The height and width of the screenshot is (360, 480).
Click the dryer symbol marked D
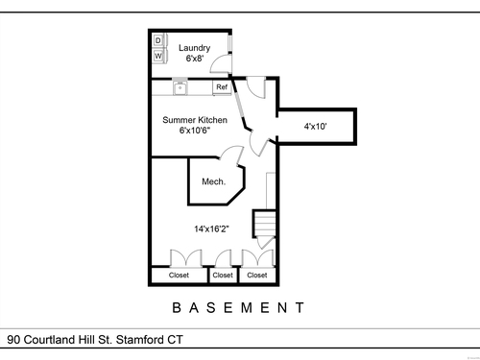click(x=158, y=40)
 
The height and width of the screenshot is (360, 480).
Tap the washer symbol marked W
click(x=158, y=56)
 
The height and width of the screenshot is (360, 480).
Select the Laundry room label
click(x=195, y=48)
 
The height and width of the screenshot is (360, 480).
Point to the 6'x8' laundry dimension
click(x=195, y=59)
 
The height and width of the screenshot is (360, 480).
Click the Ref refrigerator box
click(x=222, y=87)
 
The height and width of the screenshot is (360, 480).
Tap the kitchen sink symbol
click(x=180, y=87)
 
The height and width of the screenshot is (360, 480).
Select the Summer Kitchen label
click(x=195, y=120)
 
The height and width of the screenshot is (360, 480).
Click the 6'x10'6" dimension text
click(x=195, y=131)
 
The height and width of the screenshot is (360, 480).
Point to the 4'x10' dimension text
click(x=315, y=127)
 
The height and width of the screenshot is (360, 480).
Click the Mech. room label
click(x=214, y=181)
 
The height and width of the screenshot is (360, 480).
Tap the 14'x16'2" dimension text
click(x=211, y=228)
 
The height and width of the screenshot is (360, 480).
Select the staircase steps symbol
click(x=265, y=224)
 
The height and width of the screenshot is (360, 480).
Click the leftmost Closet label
click(x=179, y=276)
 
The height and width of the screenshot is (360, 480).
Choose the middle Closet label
click(x=223, y=276)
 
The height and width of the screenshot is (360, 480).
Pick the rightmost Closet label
click(x=257, y=276)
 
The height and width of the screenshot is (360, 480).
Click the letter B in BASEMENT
click(x=177, y=308)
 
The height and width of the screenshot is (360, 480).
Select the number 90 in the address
click(x=13, y=340)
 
